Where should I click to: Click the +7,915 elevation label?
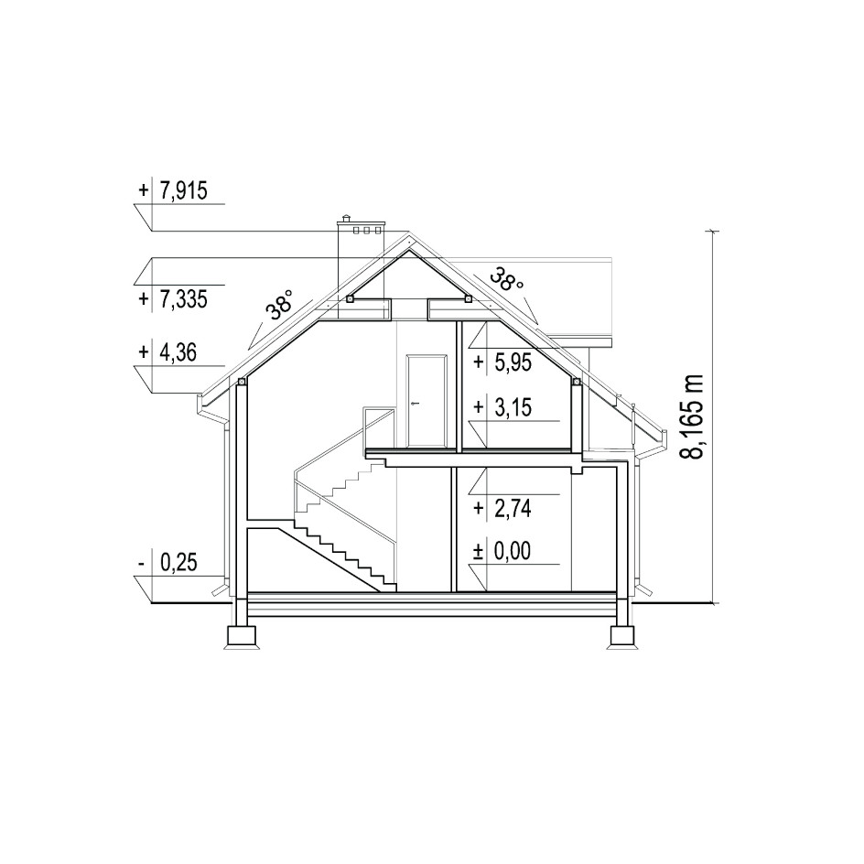tap(172, 191)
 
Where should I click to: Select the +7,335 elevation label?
tap(172, 299)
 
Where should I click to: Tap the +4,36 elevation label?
tap(167, 352)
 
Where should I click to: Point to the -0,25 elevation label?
tap(167, 563)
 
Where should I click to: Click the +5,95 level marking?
tap(502, 362)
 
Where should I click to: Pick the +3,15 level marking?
tap(502, 408)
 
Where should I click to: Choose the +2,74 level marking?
tap(502, 509)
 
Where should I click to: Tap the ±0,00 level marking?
tap(502, 551)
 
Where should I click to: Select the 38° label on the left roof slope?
tap(281, 305)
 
